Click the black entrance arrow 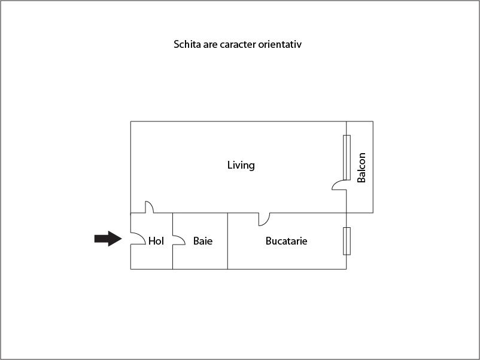tap(108, 239)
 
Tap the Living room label tap(241, 166)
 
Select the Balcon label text tap(361, 167)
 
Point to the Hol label tap(156, 241)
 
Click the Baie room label tap(203, 241)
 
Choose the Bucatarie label tap(286, 241)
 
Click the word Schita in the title tap(187, 44)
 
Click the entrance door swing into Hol tap(138, 239)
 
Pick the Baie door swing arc tap(179, 240)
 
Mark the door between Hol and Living tap(149, 207)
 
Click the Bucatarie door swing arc tap(264, 219)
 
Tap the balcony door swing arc tap(339, 185)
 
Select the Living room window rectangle tap(347, 157)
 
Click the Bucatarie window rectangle tap(347, 241)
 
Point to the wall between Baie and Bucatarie tap(228, 241)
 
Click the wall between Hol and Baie tap(172, 241)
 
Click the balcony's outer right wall tap(373, 167)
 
